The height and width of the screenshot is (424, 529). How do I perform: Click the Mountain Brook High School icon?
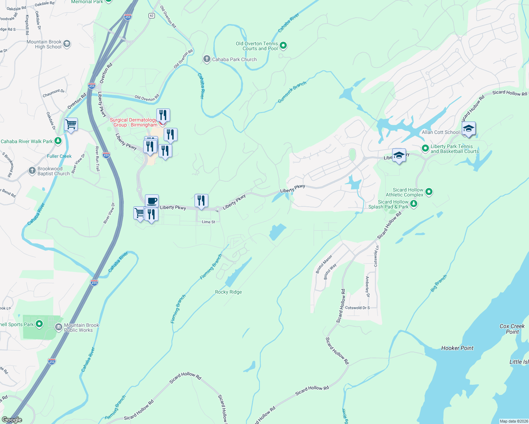click(x=67, y=44)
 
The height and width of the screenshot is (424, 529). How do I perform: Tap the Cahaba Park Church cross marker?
click(x=207, y=59)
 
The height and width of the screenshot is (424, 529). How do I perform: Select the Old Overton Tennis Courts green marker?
click(x=283, y=46)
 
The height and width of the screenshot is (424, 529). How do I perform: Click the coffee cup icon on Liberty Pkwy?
click(x=152, y=201)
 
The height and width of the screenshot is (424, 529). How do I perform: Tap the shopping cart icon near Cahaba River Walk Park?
click(x=71, y=125)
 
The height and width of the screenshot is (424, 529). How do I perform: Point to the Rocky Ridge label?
click(x=228, y=292)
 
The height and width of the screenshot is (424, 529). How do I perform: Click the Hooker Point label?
click(x=457, y=348)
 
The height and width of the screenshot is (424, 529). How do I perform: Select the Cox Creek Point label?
click(x=512, y=329)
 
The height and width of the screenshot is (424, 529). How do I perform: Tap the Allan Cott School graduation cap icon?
click(x=469, y=128)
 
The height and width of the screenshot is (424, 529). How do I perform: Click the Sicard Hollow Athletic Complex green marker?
click(x=429, y=192)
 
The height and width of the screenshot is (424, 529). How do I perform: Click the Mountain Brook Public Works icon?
click(x=59, y=328)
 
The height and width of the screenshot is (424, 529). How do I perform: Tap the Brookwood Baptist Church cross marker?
click(x=32, y=171)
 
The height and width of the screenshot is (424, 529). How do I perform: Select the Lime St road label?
click(x=208, y=222)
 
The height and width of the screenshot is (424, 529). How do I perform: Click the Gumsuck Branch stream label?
click(x=292, y=92)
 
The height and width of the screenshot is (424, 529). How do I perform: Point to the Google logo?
click(x=12, y=420)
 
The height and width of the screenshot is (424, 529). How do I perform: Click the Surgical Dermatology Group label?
click(x=133, y=122)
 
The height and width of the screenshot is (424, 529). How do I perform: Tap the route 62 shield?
click(x=152, y=16)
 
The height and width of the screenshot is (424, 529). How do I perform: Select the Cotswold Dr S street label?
click(x=357, y=308)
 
